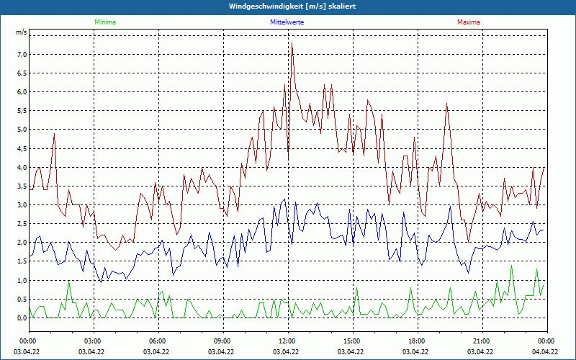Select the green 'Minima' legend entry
tap(104, 22)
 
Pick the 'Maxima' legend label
tap(469, 22)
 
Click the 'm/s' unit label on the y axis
tap(22, 33)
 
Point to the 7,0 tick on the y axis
tap(22, 55)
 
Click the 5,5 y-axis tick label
tap(22, 111)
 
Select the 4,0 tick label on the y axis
tap(22, 167)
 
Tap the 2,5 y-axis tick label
tap(22, 224)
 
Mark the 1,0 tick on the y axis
tap(22, 280)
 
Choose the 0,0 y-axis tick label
tap(22, 318)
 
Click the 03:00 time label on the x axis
tap(93, 341)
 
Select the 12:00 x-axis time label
tap(287, 341)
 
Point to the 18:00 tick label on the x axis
tap(416, 341)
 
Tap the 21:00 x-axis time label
tap(481, 341)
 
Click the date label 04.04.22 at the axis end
tap(546, 352)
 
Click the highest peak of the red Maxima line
tap(292, 44)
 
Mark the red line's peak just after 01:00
tap(54, 134)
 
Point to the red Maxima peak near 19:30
tap(447, 104)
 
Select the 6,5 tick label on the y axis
tap(22, 73)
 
